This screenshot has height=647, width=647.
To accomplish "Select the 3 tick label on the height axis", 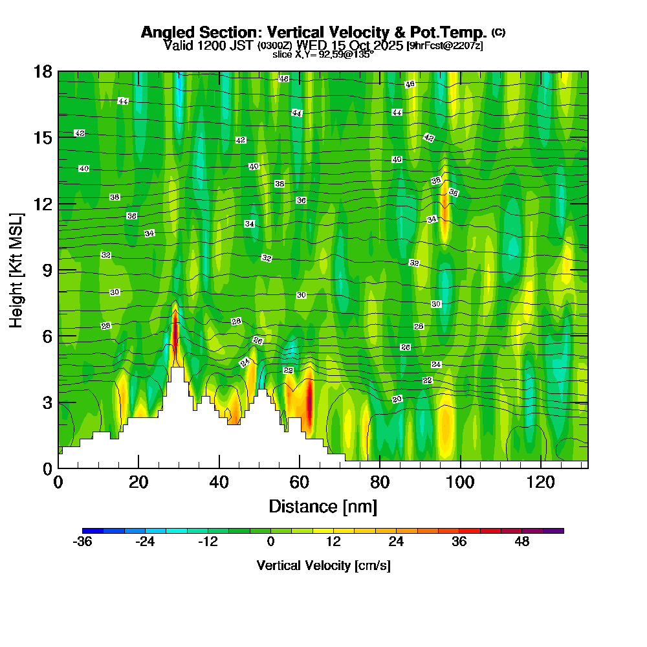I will coord(47,402).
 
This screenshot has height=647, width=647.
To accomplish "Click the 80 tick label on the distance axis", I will coord(380,482).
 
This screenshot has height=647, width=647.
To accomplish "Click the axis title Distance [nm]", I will coord(323,506).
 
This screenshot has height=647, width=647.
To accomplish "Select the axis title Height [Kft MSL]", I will coord(17,269).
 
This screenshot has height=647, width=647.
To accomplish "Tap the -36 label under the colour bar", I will coord(83,542).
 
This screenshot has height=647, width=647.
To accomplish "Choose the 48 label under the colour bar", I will coord(522,542).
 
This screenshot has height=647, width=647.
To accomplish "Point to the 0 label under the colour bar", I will coord(271,542).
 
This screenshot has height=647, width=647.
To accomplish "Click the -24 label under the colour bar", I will coord(145,542).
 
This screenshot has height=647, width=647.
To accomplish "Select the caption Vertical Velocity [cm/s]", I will coord(323,565).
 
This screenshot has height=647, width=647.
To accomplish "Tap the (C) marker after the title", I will coord(498,32).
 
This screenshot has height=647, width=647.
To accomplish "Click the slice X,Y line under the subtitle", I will coord(323,55).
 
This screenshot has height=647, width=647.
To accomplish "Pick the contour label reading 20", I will coord(397,399).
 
